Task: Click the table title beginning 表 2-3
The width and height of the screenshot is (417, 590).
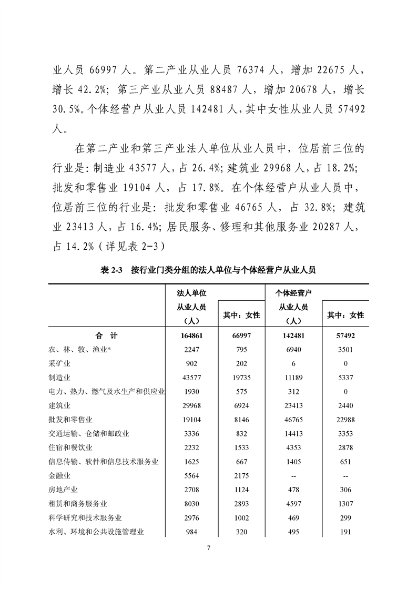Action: point(208,270)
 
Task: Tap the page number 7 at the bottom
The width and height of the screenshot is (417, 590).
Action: point(208,548)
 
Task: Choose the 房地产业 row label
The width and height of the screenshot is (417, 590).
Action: point(63,490)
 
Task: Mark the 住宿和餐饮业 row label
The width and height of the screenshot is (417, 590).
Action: point(70,447)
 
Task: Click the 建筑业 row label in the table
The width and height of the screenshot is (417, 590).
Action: point(59,405)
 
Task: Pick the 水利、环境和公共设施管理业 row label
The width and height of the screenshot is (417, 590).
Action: point(96,532)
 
